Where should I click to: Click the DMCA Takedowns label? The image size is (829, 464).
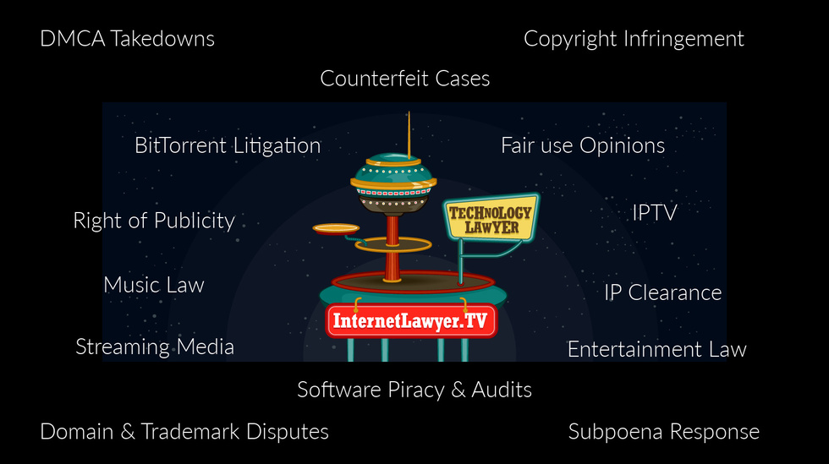(127, 39)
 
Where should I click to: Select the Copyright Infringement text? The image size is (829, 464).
(634, 39)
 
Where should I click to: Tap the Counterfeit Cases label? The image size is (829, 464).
(404, 79)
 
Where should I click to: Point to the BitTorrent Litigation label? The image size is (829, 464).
(228, 145)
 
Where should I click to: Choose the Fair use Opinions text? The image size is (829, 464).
(582, 145)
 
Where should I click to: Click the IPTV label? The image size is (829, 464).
(655, 212)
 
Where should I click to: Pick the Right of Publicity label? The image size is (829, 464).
(154, 221)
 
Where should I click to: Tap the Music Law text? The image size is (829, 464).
(154, 285)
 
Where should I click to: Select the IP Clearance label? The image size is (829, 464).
(662, 292)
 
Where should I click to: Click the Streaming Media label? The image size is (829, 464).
(155, 347)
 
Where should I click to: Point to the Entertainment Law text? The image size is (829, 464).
(656, 349)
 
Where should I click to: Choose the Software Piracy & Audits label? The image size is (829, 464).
(414, 390)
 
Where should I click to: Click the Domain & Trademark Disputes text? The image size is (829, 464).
(184, 431)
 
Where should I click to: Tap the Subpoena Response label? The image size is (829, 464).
(663, 432)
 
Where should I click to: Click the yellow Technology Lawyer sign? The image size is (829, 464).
(490, 219)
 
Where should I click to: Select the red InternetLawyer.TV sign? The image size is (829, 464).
(411, 321)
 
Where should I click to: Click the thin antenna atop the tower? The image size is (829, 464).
(409, 131)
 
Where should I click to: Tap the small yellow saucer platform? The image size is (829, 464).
(336, 228)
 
